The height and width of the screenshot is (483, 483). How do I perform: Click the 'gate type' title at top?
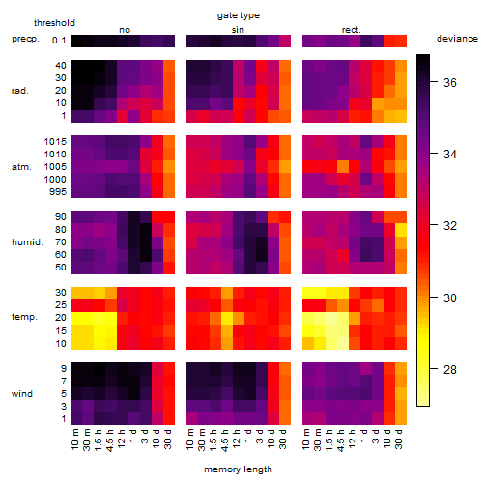click(239, 15)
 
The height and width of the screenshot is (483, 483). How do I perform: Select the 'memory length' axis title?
click(239, 469)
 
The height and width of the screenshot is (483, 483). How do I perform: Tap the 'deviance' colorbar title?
click(457, 39)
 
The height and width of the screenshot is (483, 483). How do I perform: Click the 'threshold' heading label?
click(54, 23)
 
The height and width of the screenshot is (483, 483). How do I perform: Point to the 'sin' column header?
click(238, 30)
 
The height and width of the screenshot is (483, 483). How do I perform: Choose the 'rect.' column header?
click(351, 30)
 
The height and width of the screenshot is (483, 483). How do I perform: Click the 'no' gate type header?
click(125, 30)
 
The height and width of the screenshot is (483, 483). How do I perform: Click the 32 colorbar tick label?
click(450, 226)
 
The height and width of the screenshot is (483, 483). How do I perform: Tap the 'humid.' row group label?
click(27, 242)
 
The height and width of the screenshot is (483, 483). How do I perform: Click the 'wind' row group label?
click(22, 394)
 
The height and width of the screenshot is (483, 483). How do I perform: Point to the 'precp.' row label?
click(25, 39)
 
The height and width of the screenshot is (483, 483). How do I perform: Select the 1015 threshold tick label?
click(55, 142)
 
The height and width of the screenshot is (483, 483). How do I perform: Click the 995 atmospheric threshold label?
click(58, 192)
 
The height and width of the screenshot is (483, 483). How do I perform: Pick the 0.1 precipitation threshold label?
click(59, 41)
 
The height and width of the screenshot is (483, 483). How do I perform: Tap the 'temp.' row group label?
click(24, 317)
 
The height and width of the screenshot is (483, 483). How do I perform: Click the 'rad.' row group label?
click(20, 91)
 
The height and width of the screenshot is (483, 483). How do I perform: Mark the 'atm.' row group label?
click(21, 167)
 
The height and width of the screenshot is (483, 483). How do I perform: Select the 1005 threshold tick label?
click(55, 167)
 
